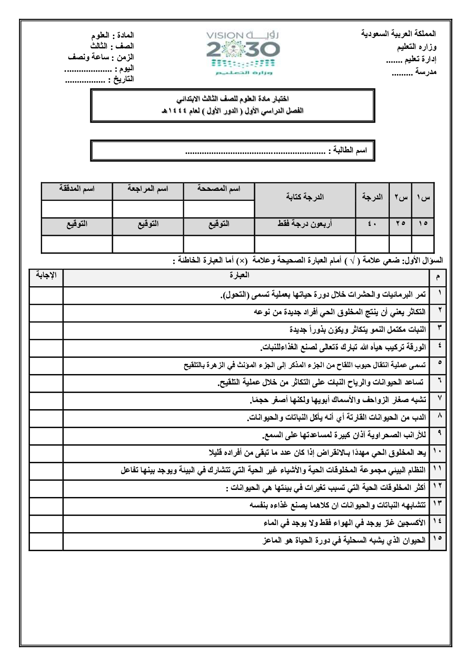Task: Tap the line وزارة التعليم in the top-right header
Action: (416, 47)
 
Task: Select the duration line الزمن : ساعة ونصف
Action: (101, 57)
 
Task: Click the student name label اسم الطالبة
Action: (349, 151)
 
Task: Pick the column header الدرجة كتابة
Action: (305, 197)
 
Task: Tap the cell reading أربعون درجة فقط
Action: (305, 224)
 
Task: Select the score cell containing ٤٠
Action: (372, 224)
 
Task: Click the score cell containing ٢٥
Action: (400, 224)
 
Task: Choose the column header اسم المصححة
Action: (219, 189)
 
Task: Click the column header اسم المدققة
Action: (77, 189)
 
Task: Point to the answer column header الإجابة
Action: (46, 275)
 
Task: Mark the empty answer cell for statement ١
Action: (46, 295)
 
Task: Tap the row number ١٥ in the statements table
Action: (437, 540)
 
